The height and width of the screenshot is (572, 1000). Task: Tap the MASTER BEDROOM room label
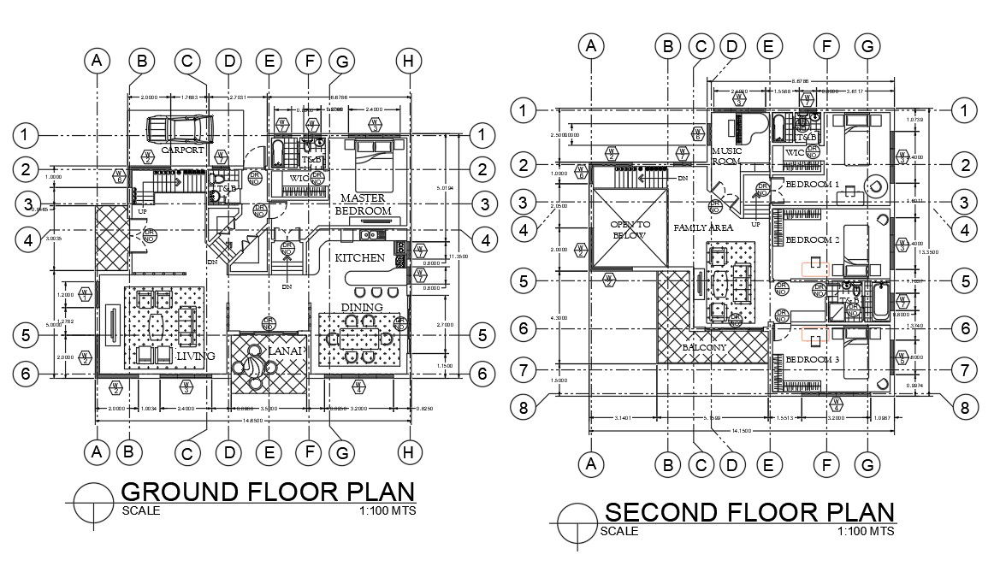363,204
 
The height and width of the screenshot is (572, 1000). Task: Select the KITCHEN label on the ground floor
358,257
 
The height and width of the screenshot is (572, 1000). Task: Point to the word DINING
362,308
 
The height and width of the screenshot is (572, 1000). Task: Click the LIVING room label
196,356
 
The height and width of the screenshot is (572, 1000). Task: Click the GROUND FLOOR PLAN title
268,492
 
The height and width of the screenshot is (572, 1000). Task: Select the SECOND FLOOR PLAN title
749,512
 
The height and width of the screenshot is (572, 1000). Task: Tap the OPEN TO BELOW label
630,230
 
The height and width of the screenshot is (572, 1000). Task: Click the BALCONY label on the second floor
704,348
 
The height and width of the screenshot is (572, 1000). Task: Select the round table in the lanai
254,366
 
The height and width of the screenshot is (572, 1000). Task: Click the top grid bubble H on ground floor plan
410,61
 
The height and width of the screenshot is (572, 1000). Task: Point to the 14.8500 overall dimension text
251,420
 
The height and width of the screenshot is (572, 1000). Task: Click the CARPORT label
181,150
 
